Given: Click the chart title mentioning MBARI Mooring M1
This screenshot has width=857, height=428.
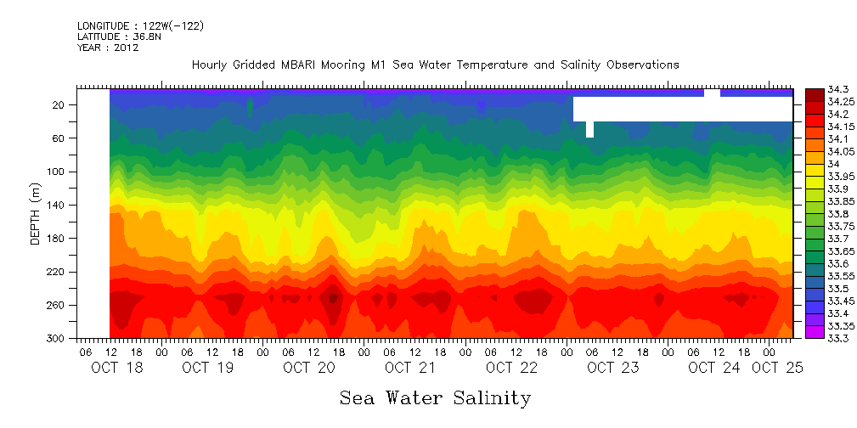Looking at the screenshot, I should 435,65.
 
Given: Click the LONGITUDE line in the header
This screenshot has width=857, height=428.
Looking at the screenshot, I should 140,26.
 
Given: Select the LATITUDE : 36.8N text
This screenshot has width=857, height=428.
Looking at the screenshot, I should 119,37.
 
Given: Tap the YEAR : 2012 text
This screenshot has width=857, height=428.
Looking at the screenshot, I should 108,48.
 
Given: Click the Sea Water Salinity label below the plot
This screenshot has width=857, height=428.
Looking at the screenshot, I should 435,397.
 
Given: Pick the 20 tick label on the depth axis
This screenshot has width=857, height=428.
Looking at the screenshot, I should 59,104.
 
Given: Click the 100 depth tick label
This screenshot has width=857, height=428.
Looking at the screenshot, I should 57,172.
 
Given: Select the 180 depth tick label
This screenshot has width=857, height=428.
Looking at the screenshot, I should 57,239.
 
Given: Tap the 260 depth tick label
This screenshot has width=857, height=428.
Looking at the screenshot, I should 57,305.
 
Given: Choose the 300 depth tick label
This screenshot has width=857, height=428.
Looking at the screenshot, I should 57,339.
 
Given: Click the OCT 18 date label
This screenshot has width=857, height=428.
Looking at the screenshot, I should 117,368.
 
